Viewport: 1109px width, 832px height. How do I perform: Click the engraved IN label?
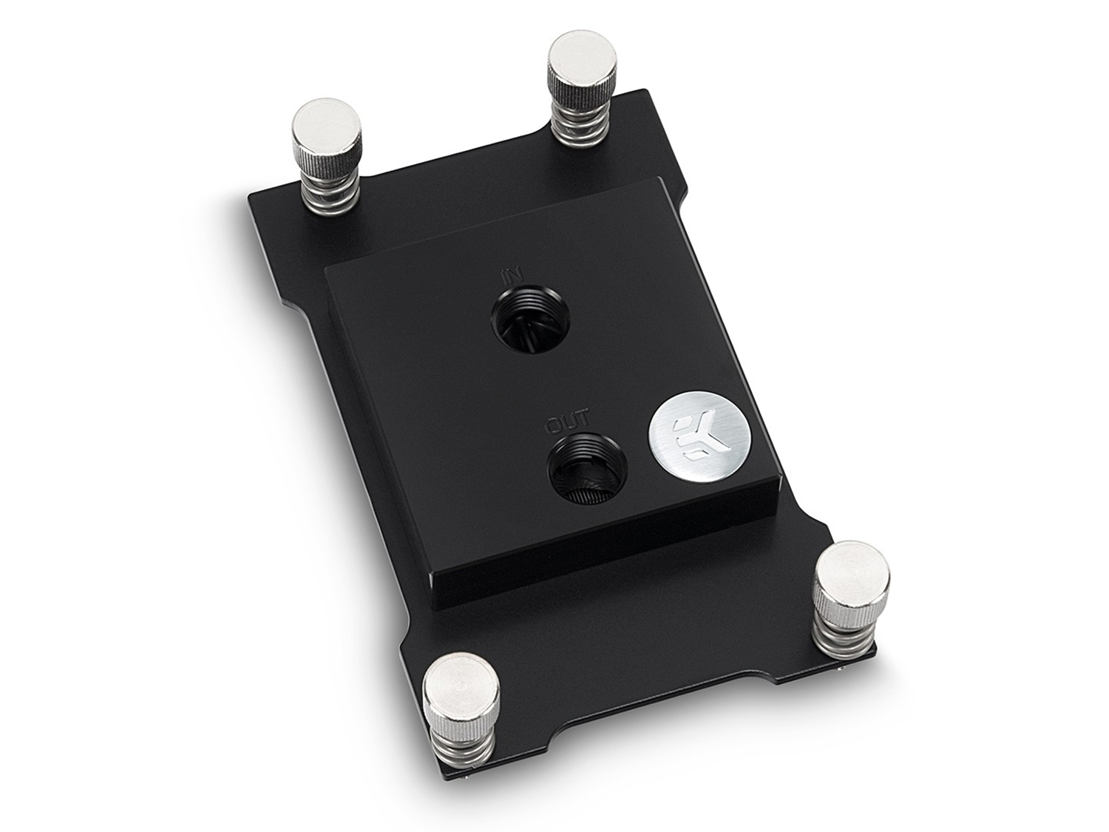pyautogui.click(x=508, y=277)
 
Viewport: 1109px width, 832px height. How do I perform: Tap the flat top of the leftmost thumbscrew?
pyautogui.click(x=326, y=125)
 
